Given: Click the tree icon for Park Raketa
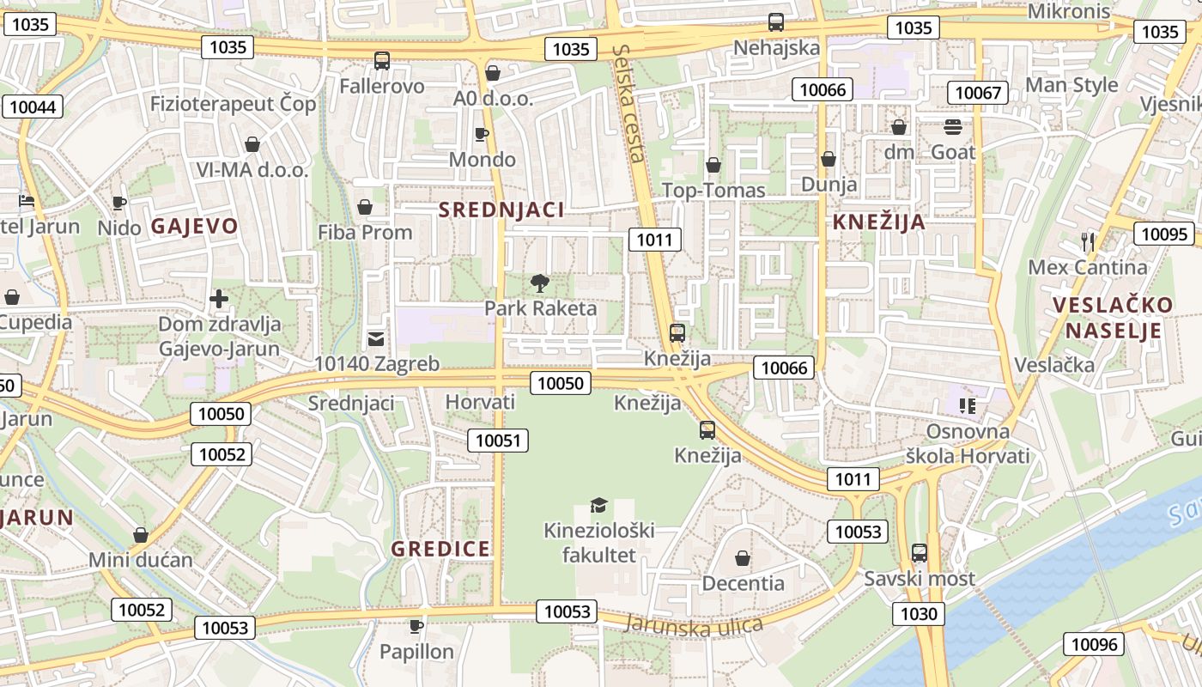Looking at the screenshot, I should (540, 283).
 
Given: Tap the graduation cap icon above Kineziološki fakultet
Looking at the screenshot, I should (598, 506).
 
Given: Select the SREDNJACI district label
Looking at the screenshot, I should (501, 210).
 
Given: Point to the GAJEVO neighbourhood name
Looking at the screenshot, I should (195, 227).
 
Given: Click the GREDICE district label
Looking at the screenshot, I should (440, 549).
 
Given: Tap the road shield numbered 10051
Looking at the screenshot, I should (498, 441).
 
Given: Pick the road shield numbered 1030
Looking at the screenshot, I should (919, 614).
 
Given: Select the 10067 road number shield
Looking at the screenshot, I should (978, 93).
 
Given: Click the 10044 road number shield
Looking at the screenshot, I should (32, 106).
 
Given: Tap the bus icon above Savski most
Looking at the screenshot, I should (920, 552).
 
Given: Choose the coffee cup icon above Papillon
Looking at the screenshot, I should (416, 626).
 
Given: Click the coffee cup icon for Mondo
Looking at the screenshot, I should (482, 134).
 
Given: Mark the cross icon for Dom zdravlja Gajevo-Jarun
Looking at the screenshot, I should (219, 300).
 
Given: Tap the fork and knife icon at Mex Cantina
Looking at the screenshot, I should (1088, 241).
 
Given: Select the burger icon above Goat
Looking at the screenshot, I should (953, 127).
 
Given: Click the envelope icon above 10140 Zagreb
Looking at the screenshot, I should (376, 338).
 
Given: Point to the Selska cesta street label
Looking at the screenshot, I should (628, 103).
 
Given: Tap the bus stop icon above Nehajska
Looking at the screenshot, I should (776, 22).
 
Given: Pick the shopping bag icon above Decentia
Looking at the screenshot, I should (743, 558).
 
